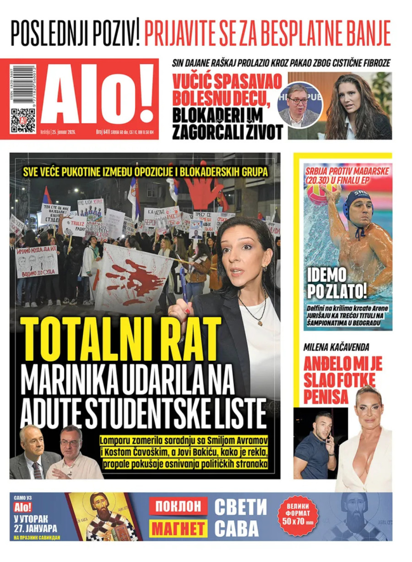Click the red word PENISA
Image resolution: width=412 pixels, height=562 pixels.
pos(325,397)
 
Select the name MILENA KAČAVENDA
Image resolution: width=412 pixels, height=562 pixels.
pos(336,347)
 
